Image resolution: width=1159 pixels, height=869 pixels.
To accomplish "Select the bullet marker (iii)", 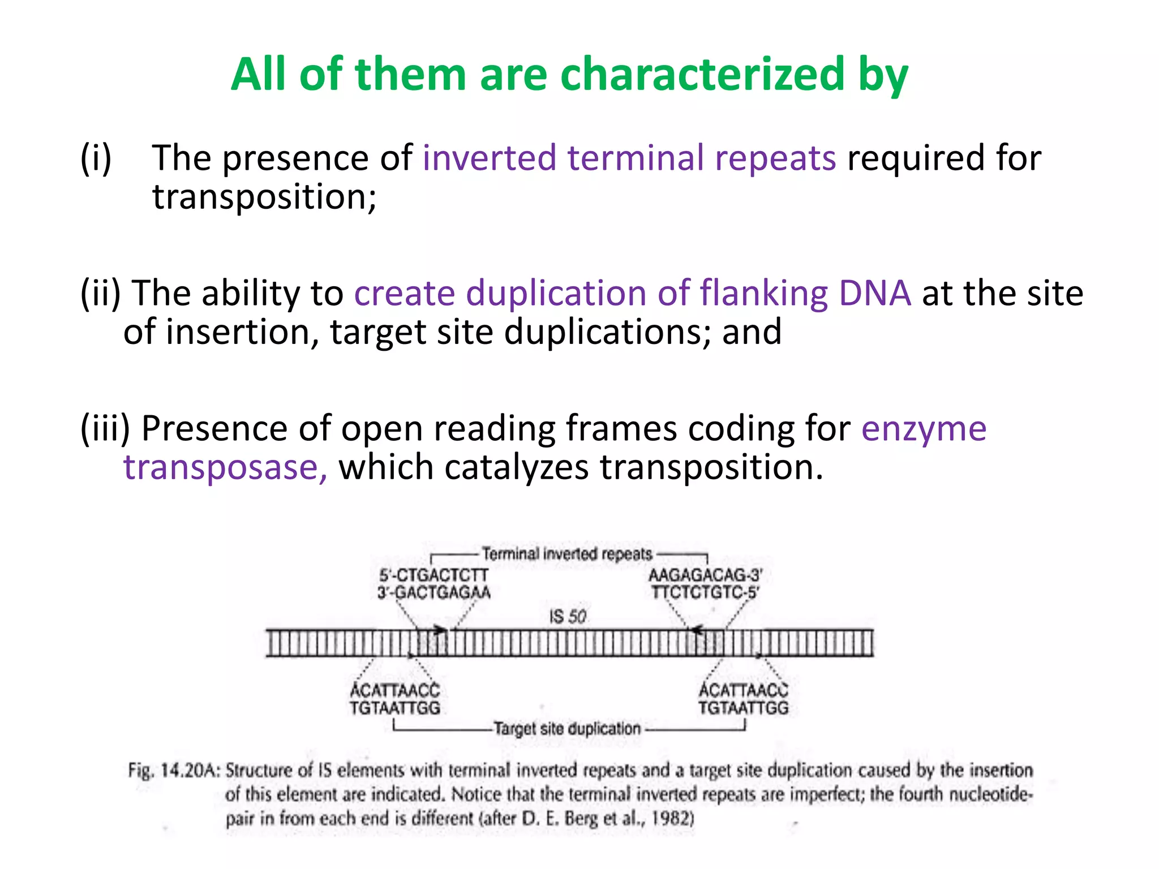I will (105, 428).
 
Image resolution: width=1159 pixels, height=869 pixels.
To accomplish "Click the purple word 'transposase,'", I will (225, 467).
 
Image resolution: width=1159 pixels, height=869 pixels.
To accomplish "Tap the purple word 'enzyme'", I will (924, 428).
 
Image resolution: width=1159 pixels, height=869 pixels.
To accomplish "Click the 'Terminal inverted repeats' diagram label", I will (567, 554).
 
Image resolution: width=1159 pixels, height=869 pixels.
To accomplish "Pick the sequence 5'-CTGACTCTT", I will (433, 575).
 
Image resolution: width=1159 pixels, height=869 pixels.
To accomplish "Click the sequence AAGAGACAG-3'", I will (706, 575).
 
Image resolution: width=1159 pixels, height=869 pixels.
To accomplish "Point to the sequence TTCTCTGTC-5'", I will (705, 592).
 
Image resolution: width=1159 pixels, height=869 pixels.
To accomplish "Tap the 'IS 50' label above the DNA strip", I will (568, 616).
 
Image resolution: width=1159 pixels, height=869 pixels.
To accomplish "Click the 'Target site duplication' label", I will (567, 729).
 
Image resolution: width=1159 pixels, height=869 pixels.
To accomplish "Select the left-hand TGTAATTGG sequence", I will (394, 708).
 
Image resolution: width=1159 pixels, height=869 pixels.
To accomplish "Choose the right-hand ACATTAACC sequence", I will (743, 690).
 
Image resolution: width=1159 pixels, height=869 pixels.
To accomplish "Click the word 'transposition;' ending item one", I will (264, 197).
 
